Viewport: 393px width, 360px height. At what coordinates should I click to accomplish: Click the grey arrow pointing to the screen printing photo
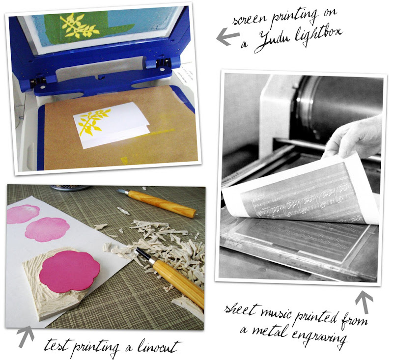coord(227,35)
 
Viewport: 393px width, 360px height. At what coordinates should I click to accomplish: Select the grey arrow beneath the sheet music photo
coord(364,302)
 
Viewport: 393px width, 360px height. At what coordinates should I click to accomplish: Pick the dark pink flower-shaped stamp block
coord(69,271)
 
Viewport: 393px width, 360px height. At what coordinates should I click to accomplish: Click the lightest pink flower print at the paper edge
coord(23,215)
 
